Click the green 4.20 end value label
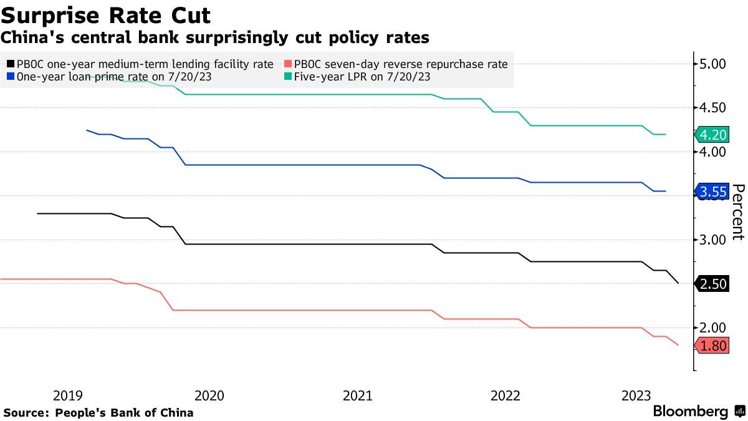713,135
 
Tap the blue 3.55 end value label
713,191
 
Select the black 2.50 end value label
713,284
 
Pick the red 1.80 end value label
713,346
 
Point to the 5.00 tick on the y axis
713,64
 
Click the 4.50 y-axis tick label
713,108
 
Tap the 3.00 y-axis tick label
713,240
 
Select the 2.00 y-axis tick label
713,328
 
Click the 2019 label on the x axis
67,395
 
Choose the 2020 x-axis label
209,395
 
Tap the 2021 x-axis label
358,395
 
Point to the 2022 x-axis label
506,395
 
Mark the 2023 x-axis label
636,395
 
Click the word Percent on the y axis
738,212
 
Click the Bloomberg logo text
691,412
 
